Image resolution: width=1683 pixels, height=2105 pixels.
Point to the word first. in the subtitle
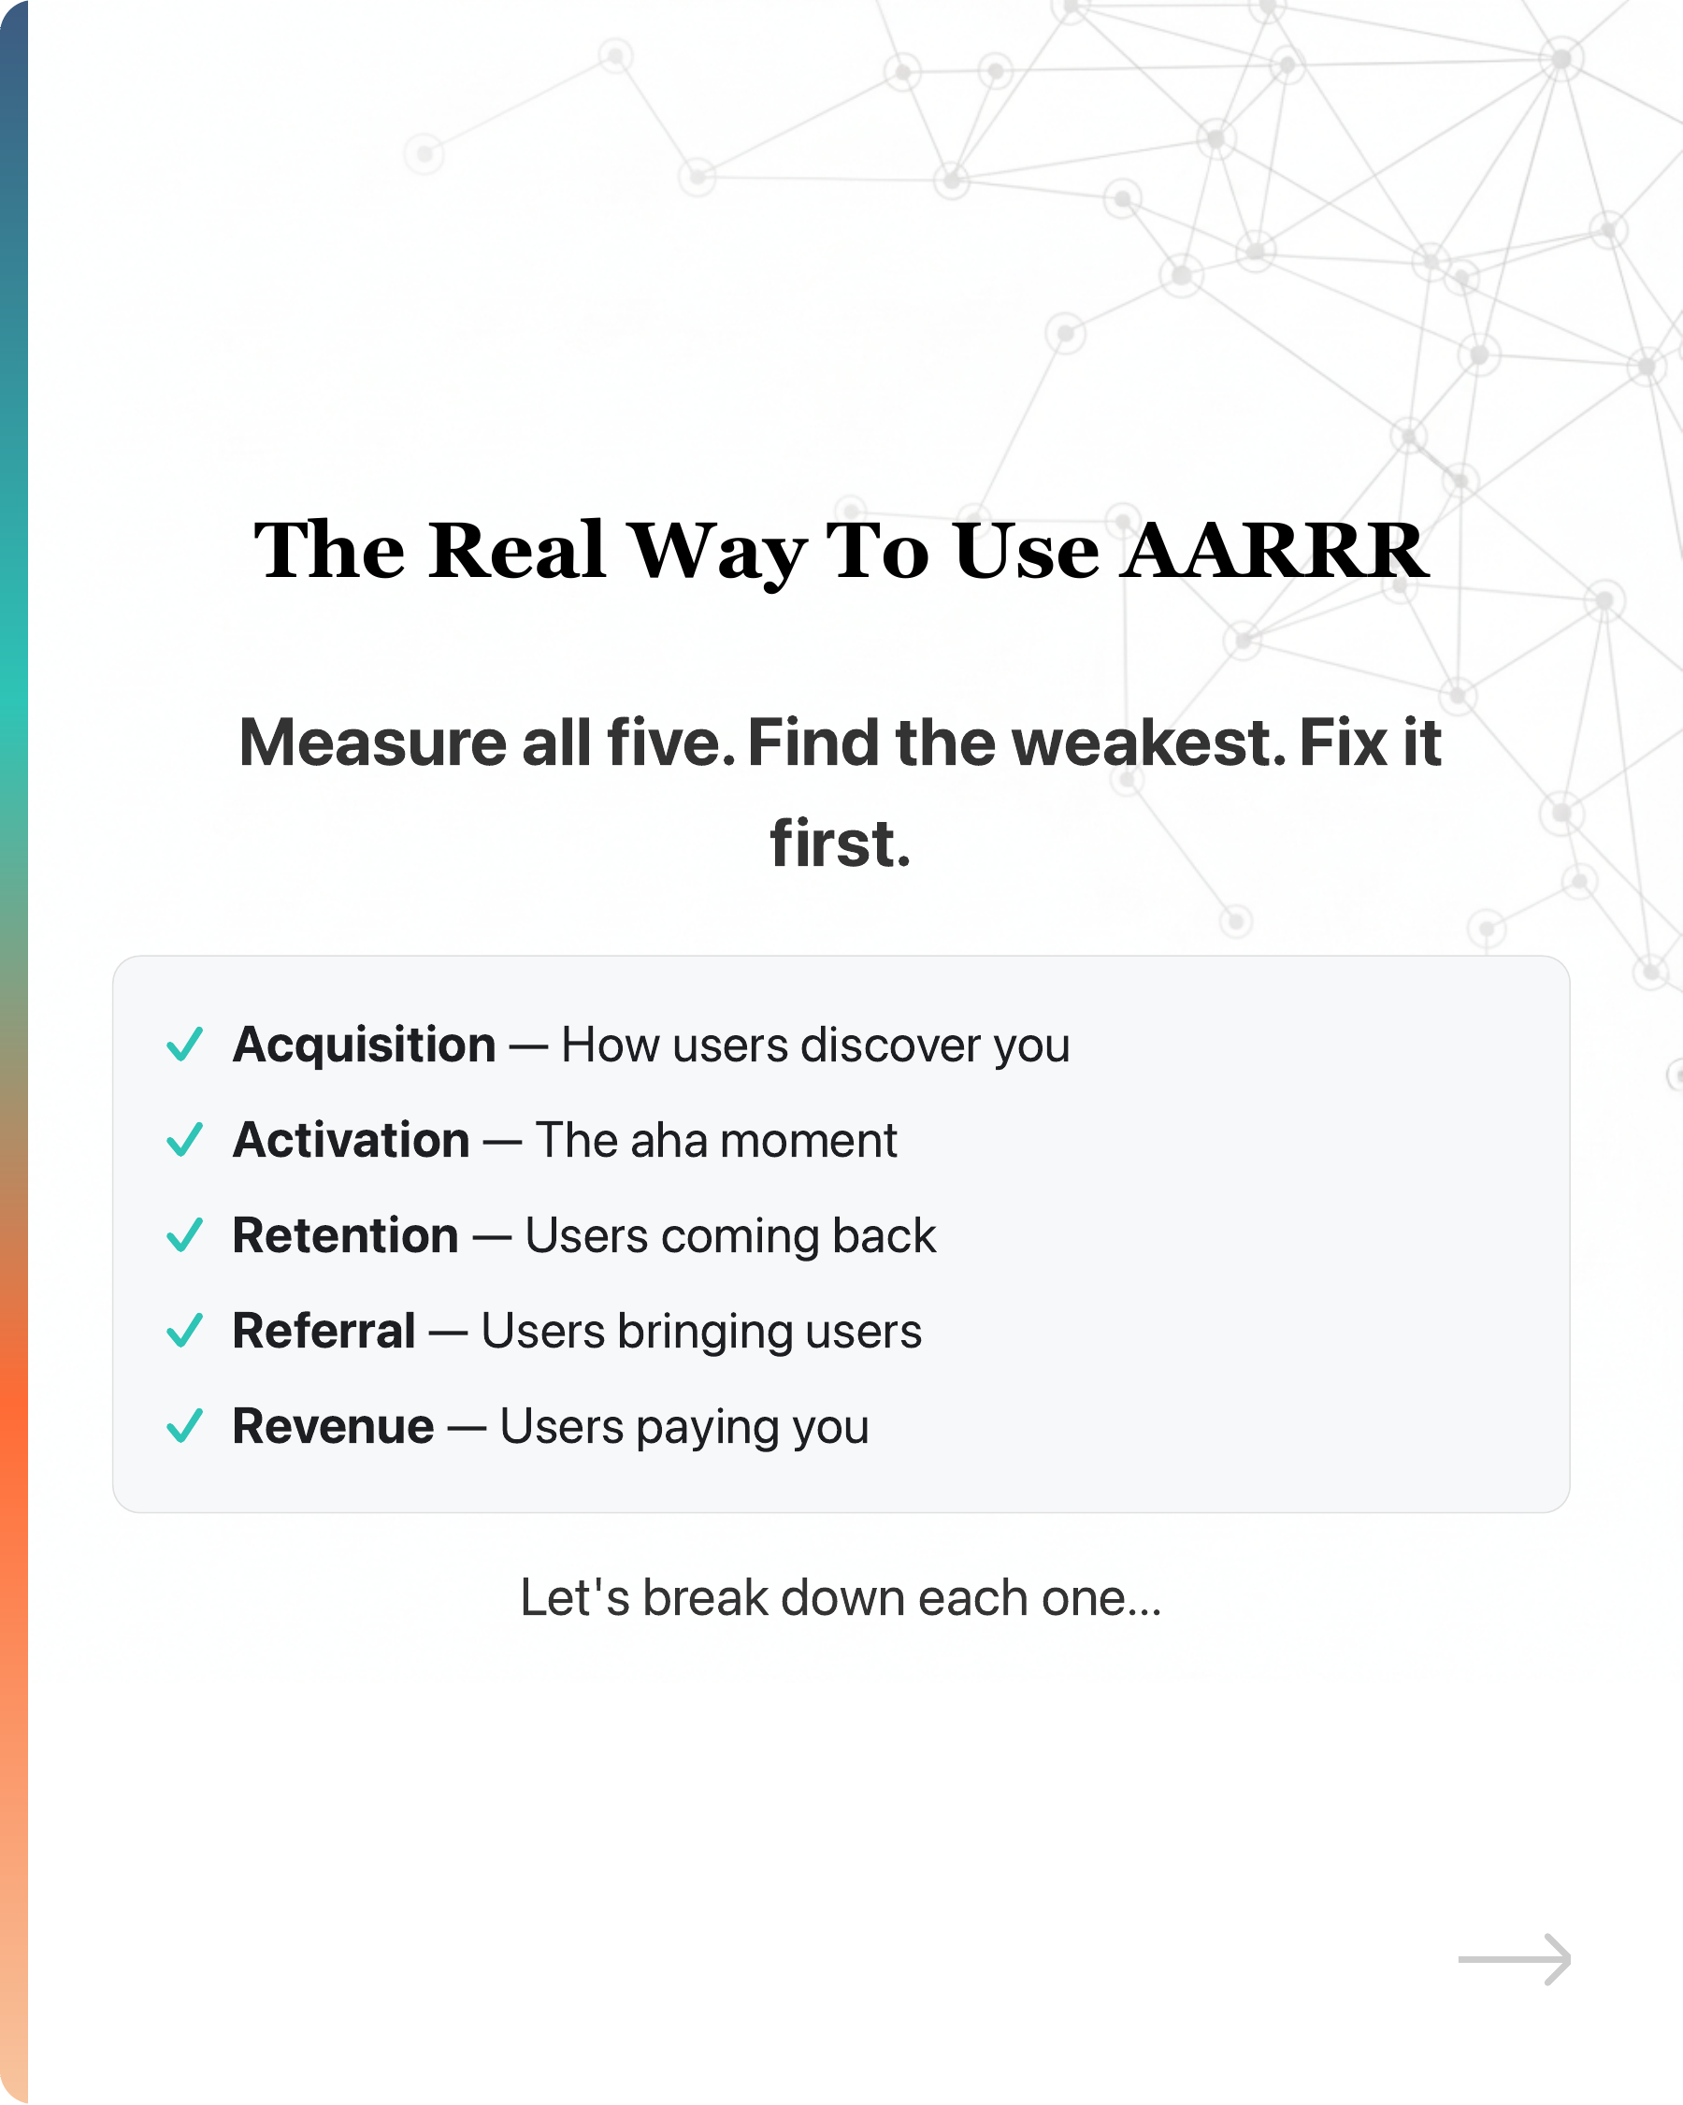(840, 844)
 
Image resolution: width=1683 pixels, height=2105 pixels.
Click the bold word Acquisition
(364, 1045)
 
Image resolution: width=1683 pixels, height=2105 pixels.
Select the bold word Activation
(352, 1140)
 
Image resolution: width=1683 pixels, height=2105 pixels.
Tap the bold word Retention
(346, 1236)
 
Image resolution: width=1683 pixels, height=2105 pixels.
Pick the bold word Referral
(324, 1332)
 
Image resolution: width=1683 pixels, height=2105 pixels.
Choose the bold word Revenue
(333, 1427)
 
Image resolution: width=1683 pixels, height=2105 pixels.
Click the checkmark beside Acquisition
(184, 1044)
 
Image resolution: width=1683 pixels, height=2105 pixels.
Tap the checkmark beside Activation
(184, 1139)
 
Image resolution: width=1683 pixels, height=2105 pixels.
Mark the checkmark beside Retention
(184, 1235)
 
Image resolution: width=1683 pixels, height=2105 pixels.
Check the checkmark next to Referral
(184, 1331)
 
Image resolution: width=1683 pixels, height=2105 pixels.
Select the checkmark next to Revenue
(184, 1426)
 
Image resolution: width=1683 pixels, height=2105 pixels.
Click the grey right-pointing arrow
(1514, 1959)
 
